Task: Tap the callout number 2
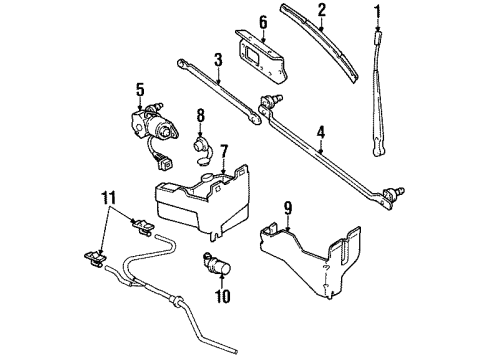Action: pyautogui.click(x=322, y=11)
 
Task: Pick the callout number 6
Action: pyautogui.click(x=263, y=21)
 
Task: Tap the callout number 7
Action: pyautogui.click(x=224, y=151)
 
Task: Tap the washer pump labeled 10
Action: pyautogui.click(x=216, y=265)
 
